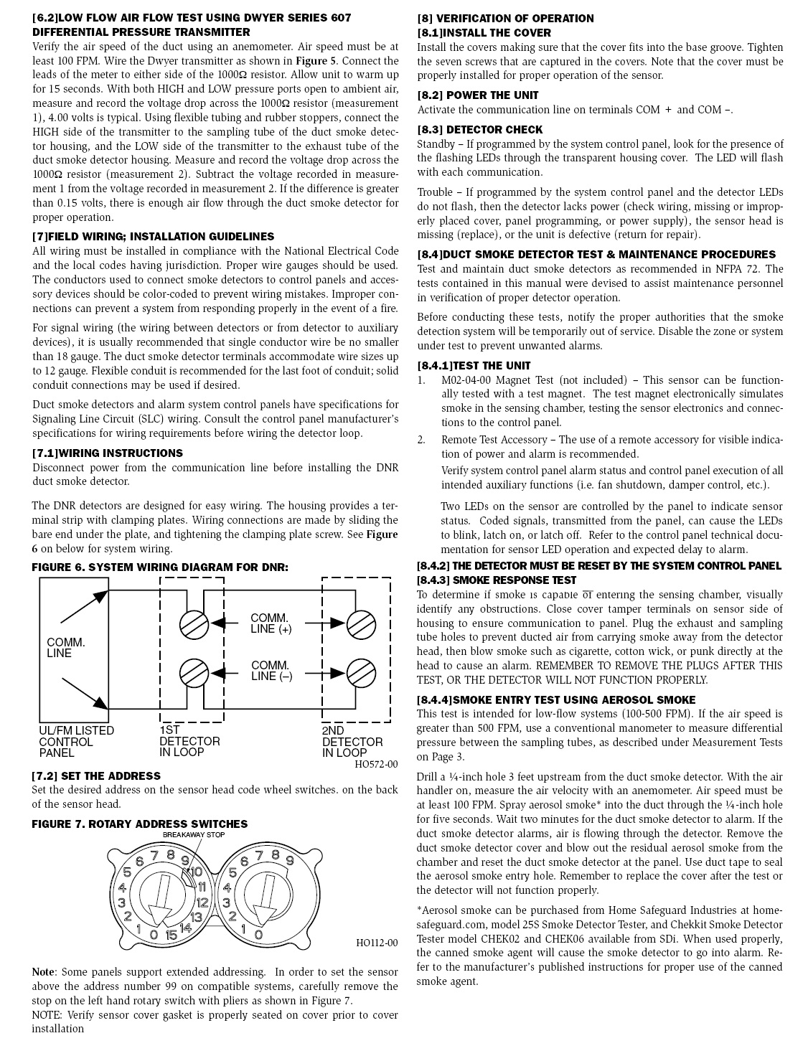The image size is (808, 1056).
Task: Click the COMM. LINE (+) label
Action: (271, 623)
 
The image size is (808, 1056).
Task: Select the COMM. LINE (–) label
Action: (271, 671)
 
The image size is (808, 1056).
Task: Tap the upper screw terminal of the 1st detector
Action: (194, 623)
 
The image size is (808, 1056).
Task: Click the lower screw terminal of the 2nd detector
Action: (361, 672)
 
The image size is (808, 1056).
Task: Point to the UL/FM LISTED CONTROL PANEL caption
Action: (76, 741)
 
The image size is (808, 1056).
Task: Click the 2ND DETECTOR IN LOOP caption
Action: (352, 741)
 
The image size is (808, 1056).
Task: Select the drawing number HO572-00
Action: (376, 765)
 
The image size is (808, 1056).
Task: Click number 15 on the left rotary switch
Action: (171, 935)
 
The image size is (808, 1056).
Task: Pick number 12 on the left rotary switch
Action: (202, 902)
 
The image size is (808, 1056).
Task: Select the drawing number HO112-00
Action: (376, 943)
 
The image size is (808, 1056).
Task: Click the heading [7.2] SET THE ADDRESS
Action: (96, 775)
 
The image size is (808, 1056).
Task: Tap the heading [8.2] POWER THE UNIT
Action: (478, 95)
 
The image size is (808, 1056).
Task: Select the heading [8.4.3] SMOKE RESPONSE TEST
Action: (497, 580)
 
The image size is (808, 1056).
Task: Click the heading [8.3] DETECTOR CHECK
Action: (480, 130)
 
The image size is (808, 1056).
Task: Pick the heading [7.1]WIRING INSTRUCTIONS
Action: (108, 453)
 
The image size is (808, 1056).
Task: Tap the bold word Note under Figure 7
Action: (42, 972)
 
